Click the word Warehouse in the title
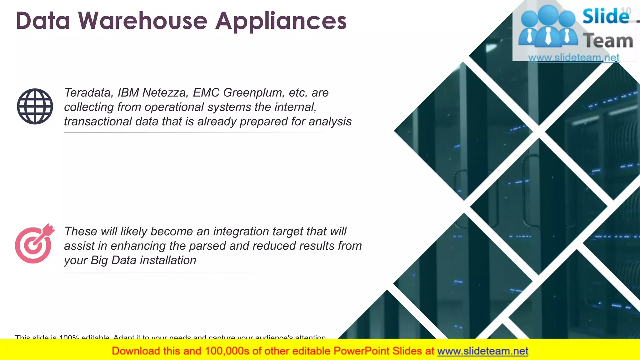click(x=143, y=21)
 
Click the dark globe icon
click(x=35, y=106)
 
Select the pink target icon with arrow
click(x=34, y=244)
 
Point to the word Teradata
click(x=88, y=92)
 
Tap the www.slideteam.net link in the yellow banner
click(x=482, y=351)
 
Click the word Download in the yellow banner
click(x=136, y=351)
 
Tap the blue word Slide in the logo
click(x=605, y=16)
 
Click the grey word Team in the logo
click(x=608, y=41)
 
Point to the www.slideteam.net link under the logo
click(x=573, y=57)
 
